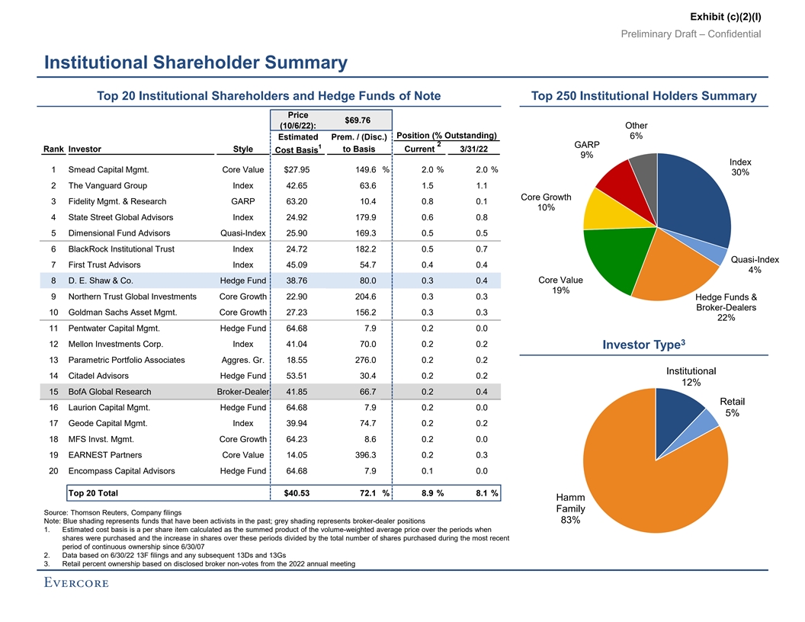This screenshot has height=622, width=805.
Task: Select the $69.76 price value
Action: tap(358, 120)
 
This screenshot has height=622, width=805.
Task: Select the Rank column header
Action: tap(53, 149)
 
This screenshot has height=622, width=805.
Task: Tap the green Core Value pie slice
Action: tap(614, 259)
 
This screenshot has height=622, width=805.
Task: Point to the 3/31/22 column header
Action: tap(470, 149)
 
